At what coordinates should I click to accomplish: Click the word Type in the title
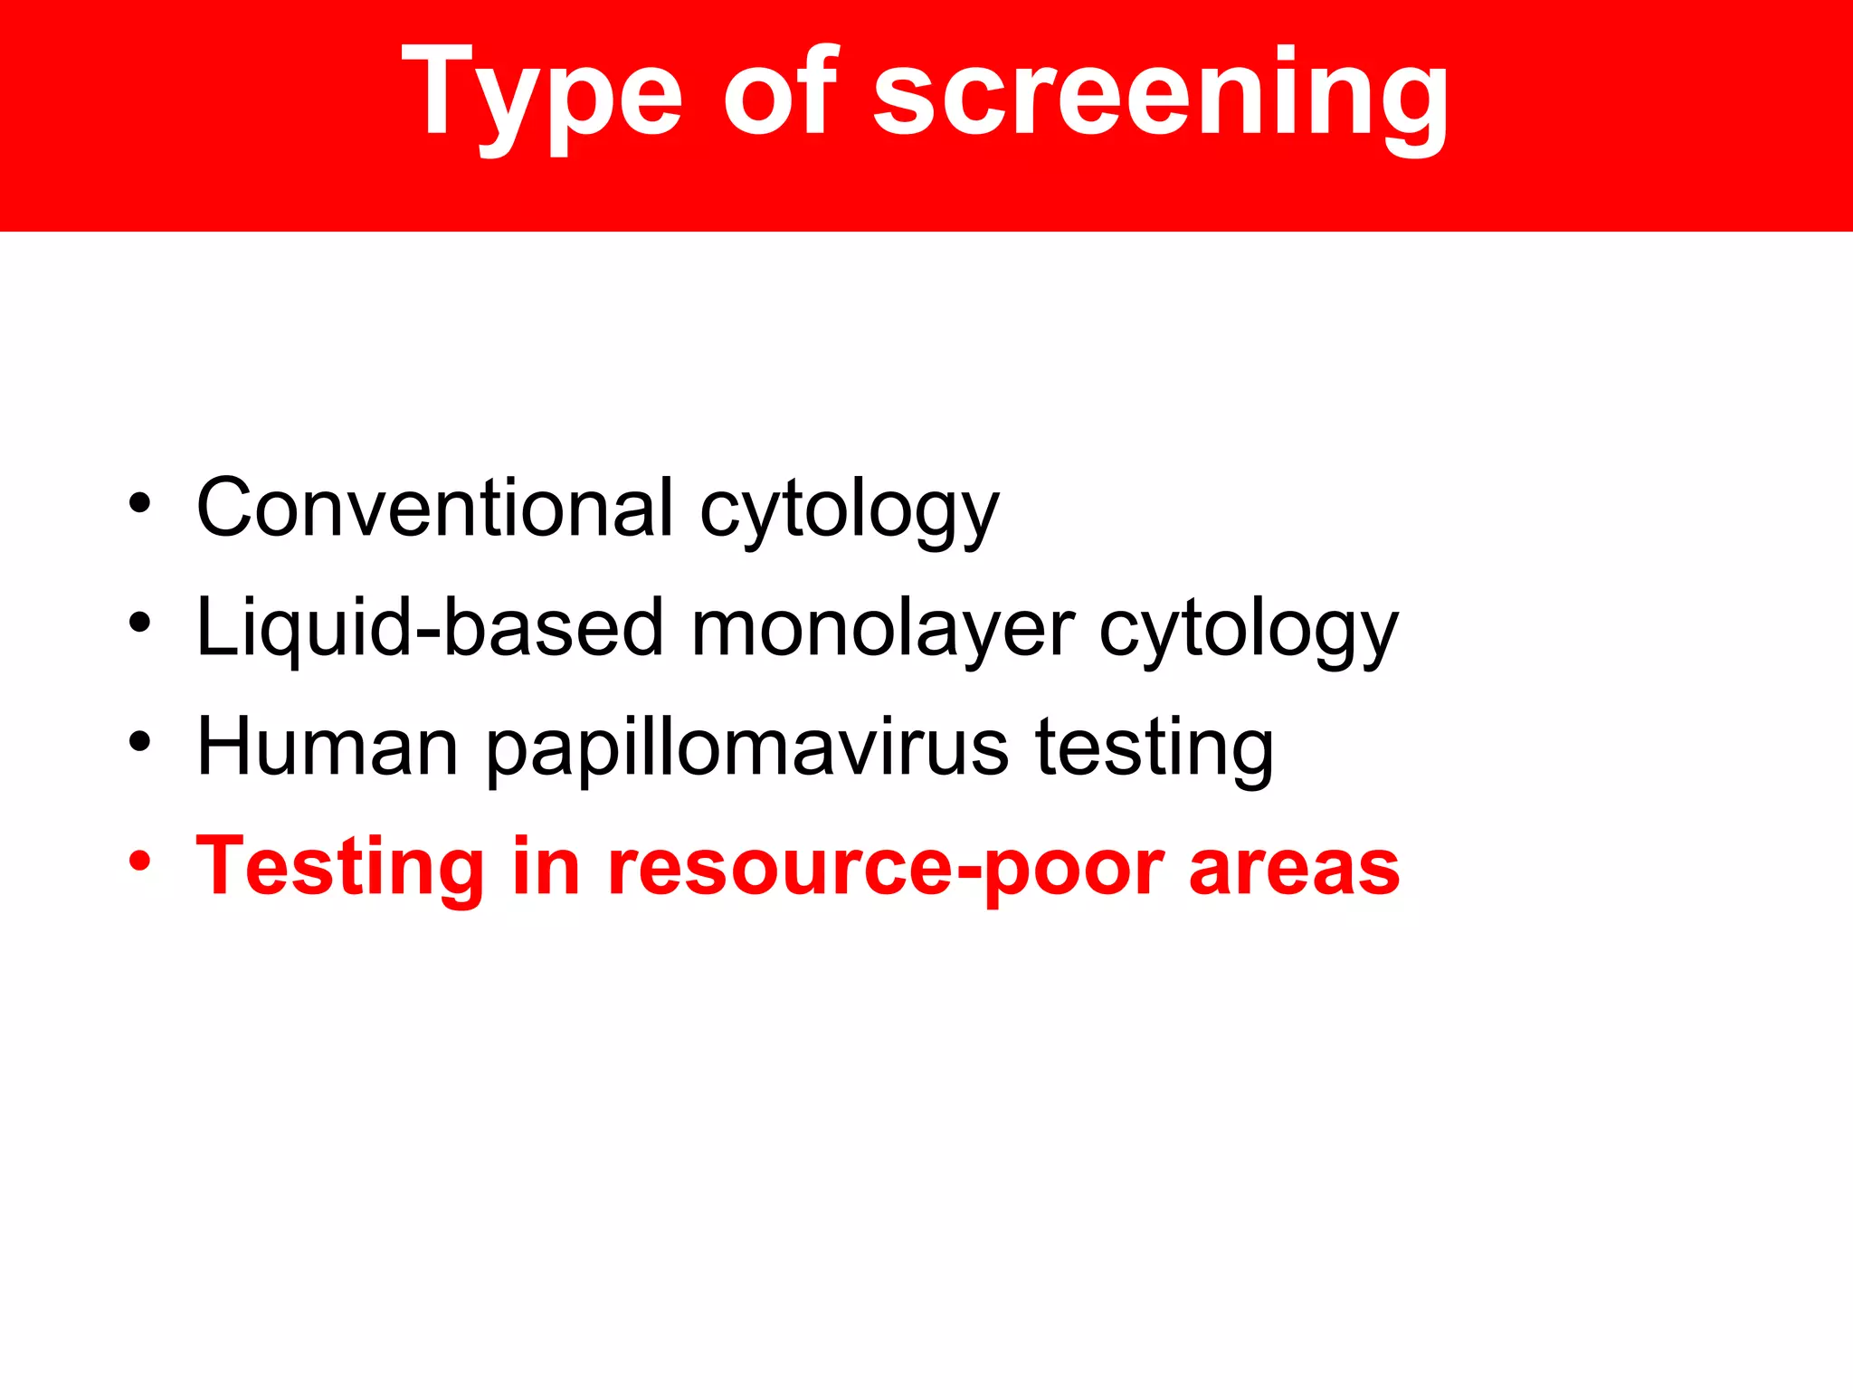click(541, 95)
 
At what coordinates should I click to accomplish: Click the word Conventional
click(435, 508)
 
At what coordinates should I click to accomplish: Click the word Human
click(328, 747)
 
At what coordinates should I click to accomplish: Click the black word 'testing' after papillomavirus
click(1155, 749)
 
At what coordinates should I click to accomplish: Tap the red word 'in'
click(546, 866)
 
